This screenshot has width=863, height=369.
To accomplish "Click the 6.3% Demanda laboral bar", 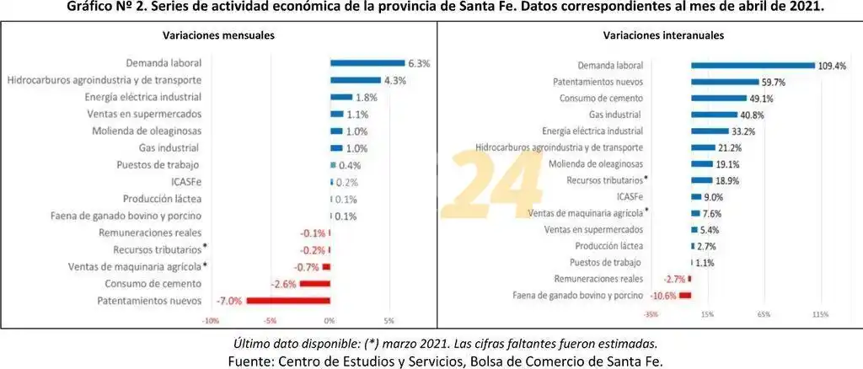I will pos(367,62).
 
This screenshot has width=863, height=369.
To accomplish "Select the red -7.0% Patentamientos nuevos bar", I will pos(288,301).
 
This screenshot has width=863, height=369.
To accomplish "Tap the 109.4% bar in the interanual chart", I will pos(753,65).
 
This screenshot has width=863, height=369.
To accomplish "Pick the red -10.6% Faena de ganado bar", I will pos(685,295).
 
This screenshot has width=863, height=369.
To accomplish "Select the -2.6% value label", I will pos(283,284).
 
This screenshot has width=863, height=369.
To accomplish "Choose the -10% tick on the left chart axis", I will pos(211,321).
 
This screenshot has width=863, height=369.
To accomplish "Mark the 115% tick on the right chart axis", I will pos(820,314).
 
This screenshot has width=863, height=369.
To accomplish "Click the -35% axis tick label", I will pos(651,314).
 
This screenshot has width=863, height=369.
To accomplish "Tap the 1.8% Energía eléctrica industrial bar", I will pos(341,97).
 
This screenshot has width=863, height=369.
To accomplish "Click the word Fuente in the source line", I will pos(250,360).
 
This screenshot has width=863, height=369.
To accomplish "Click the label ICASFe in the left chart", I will pos(185,182).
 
